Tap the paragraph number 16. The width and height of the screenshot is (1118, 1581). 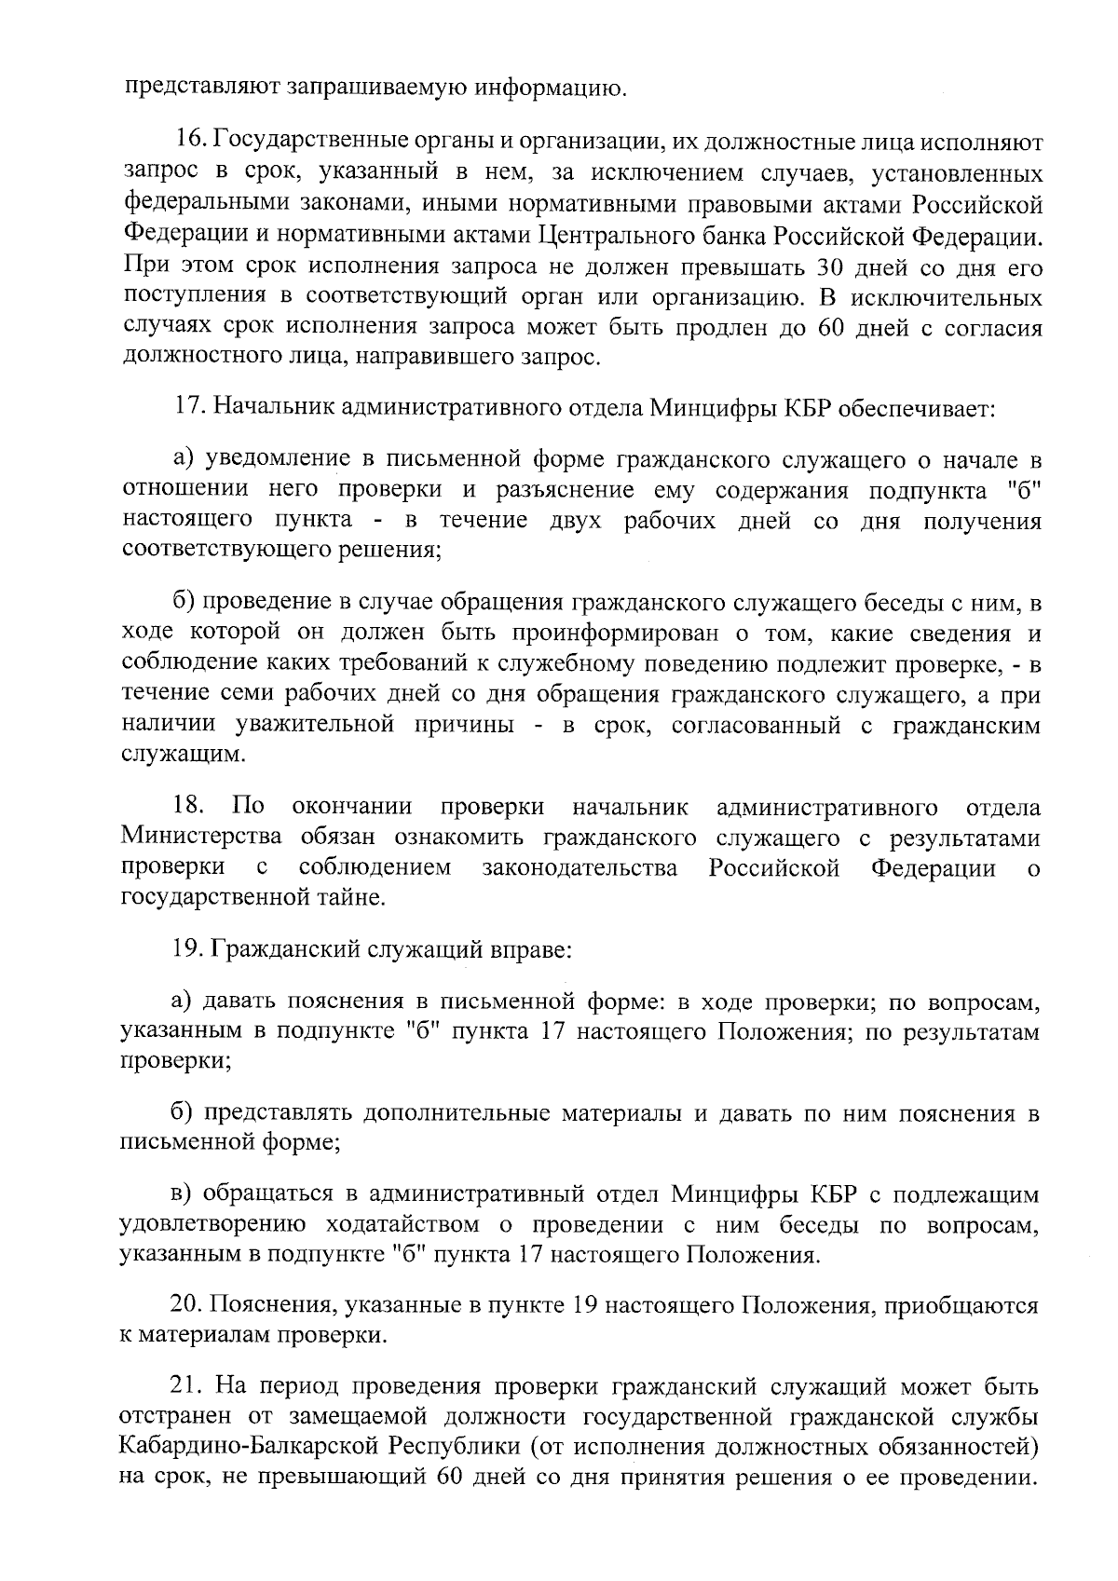(192, 143)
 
